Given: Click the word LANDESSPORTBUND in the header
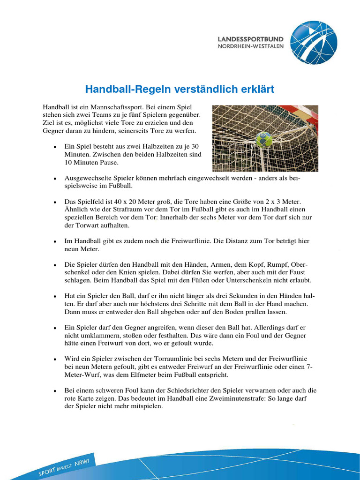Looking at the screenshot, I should tap(250, 39).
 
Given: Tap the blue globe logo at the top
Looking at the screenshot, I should tap(313, 42).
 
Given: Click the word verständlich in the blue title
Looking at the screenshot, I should tap(208, 89).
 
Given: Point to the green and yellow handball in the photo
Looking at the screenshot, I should tap(264, 139).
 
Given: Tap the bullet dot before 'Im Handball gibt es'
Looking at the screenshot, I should tap(55, 241).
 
